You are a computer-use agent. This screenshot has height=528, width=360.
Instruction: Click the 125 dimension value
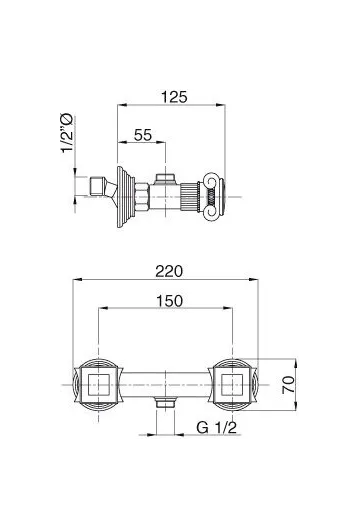point(174,97)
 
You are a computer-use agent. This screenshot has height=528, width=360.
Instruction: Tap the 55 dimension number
point(143,135)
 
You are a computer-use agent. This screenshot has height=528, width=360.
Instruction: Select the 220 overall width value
point(169,271)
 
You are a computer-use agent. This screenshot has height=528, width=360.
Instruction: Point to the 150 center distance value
point(169,301)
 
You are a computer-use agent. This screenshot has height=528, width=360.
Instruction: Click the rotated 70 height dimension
point(289,385)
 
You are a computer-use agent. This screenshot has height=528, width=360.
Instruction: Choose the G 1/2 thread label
point(217,428)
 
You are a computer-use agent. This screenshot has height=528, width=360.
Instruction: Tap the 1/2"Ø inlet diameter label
point(67,133)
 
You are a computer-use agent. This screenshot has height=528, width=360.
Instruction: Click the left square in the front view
point(98,385)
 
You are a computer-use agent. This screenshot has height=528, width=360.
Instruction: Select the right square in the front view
point(232,385)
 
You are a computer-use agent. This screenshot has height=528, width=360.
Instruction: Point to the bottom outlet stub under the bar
point(166,402)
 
